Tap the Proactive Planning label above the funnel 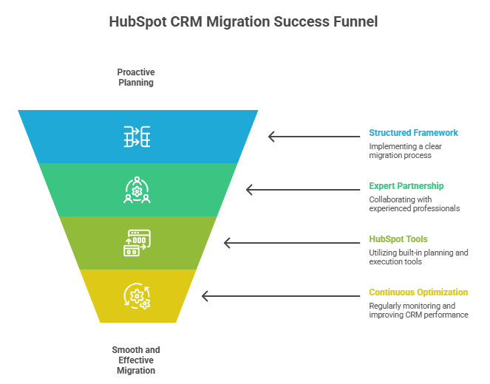pos(136,78)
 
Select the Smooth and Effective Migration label pos(136,360)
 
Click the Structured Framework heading pos(413,133)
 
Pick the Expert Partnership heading pos(406,186)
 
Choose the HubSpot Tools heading pos(398,239)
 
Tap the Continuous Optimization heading pos(418,292)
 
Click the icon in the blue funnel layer pos(137,137)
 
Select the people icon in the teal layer pos(137,190)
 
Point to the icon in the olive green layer pos(137,243)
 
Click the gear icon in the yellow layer pos(137,296)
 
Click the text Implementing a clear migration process pos(407,151)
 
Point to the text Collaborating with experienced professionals pos(414,204)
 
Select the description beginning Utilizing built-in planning pos(418,257)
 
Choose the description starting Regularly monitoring pos(418,310)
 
